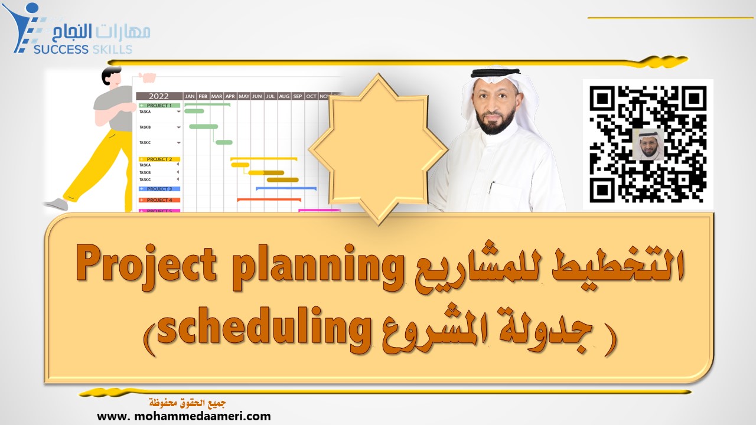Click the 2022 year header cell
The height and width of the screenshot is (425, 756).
point(158,96)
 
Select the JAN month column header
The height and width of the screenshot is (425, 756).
point(190,96)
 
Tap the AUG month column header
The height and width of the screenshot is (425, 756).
point(284,96)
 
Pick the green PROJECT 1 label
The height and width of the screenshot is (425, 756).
point(159,106)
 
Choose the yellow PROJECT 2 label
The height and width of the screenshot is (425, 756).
point(159,159)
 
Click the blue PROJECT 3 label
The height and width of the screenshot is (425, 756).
point(159,189)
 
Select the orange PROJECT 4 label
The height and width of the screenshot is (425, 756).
point(159,200)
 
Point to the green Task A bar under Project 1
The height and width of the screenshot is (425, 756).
point(194,111)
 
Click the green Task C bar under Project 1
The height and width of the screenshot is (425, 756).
point(224,142)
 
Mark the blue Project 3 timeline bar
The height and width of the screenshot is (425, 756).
point(286,188)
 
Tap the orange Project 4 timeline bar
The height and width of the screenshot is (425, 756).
point(269,200)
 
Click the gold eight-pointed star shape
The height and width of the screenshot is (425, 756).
point(378,148)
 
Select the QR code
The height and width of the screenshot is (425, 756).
point(648,144)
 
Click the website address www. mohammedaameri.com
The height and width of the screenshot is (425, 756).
point(184,416)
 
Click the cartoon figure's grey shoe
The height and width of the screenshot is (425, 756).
point(56,204)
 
